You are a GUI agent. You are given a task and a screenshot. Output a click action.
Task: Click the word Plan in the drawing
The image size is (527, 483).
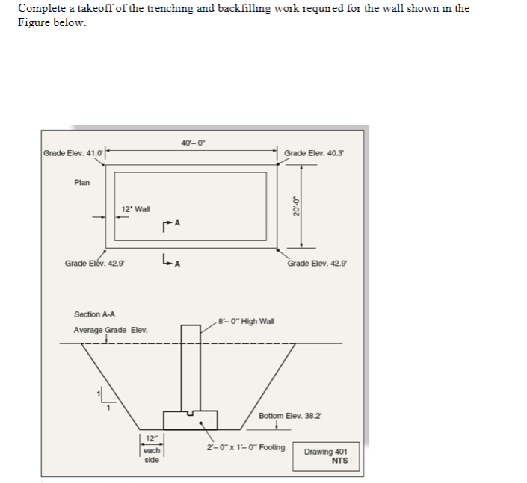pyautogui.click(x=82, y=182)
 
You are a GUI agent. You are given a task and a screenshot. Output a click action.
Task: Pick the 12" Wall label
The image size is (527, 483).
pyautogui.click(x=135, y=209)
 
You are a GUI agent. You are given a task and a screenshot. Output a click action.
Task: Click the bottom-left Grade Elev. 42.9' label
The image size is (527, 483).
pyautogui.click(x=95, y=263)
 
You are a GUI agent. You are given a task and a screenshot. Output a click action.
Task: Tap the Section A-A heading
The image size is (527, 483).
pyautogui.click(x=95, y=314)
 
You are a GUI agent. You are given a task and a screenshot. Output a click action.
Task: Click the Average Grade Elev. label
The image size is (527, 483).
pyautogui.click(x=111, y=330)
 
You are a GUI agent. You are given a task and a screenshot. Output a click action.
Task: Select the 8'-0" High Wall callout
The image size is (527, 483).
pyautogui.click(x=247, y=321)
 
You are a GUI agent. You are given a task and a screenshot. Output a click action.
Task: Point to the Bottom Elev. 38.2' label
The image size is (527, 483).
pyautogui.click(x=291, y=415)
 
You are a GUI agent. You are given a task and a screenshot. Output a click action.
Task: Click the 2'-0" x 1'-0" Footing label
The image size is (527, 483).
pyautogui.click(x=246, y=447)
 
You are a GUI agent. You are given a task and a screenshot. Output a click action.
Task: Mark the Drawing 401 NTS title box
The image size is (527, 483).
pyautogui.click(x=326, y=455)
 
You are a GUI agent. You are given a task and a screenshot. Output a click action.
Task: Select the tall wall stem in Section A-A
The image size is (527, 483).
pyautogui.click(x=190, y=366)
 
